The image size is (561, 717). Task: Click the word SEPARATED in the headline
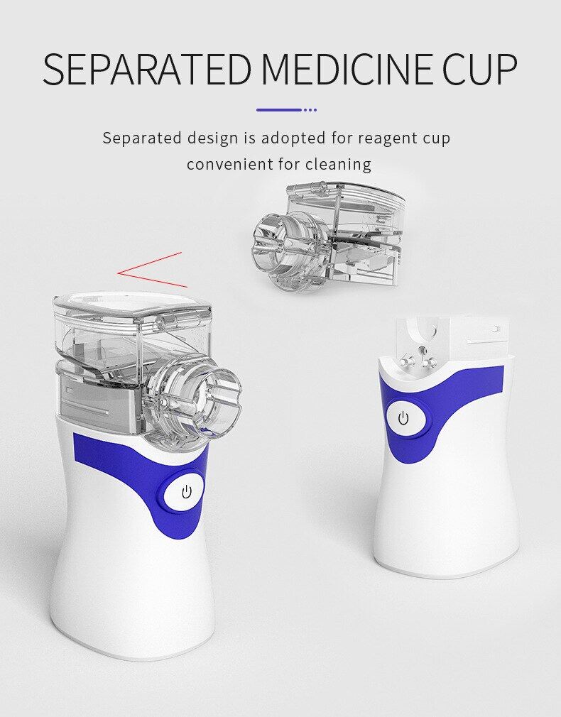(x=147, y=69)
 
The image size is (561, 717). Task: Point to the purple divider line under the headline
(x=286, y=110)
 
